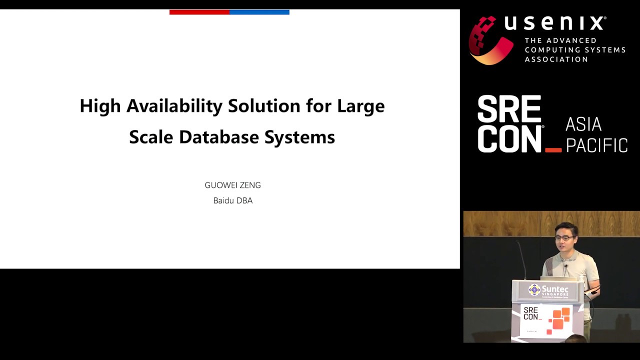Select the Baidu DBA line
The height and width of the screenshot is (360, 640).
pyautogui.click(x=233, y=201)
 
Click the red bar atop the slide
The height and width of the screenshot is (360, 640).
pyautogui.click(x=199, y=12)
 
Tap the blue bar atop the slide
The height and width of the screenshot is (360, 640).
pyautogui.click(x=259, y=12)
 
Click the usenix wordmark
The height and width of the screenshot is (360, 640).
pyautogui.click(x=555, y=23)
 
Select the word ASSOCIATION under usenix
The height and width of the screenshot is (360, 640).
pyautogui.click(x=556, y=59)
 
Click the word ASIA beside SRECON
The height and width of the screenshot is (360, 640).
pyautogui.click(x=583, y=124)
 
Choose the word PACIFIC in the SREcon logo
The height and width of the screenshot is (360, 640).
pyautogui.click(x=596, y=145)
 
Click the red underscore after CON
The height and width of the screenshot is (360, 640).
pyautogui.click(x=553, y=150)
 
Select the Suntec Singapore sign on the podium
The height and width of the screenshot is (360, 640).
pyautogui.click(x=547, y=290)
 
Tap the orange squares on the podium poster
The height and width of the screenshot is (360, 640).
pyautogui.click(x=559, y=318)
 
